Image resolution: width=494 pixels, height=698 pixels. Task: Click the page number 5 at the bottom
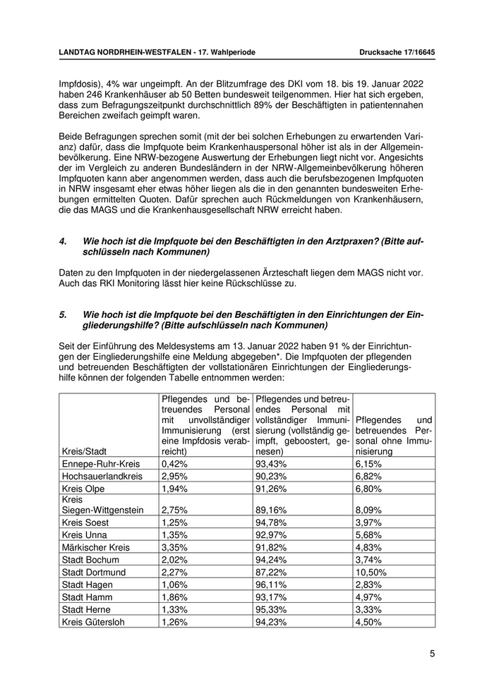tap(432, 654)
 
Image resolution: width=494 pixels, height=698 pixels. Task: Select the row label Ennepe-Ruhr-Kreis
tap(101, 464)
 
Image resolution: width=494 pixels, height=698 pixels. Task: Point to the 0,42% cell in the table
tap(175, 464)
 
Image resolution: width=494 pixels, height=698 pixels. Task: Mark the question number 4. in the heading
tap(64, 241)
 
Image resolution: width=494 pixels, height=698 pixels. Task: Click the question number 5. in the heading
tap(64, 314)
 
